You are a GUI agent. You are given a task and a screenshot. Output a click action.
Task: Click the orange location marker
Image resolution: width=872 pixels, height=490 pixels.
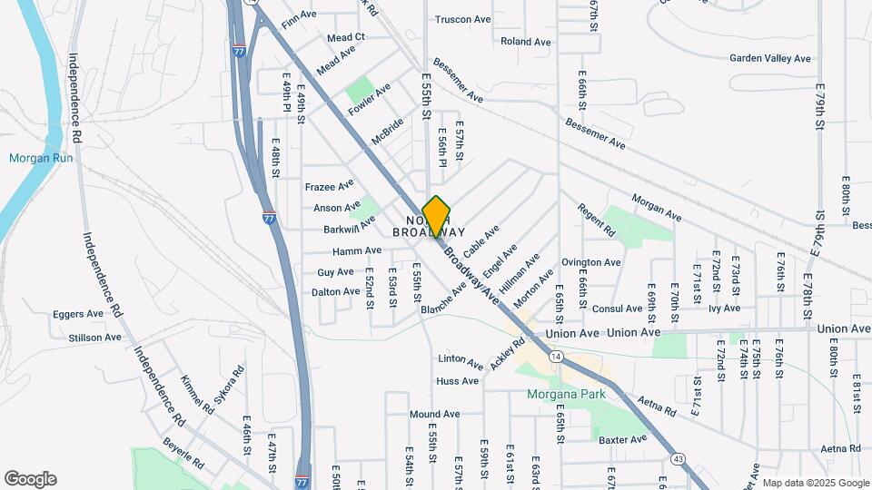click(x=437, y=216)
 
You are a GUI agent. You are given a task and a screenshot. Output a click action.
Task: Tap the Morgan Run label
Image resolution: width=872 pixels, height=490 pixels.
click(x=35, y=158)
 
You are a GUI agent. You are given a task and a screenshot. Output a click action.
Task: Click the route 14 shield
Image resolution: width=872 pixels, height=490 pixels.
click(x=555, y=357)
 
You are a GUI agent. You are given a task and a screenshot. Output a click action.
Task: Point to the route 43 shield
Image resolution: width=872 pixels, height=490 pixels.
click(x=679, y=458)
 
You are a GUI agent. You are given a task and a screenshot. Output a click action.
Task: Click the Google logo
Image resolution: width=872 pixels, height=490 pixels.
click(x=30, y=479)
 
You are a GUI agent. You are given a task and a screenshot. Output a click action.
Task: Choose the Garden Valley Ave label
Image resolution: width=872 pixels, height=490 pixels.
click(x=769, y=58)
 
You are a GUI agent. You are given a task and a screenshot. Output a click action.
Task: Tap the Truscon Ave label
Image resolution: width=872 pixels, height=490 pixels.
click(x=462, y=19)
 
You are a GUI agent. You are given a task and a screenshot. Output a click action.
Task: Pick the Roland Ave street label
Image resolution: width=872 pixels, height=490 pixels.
click(x=525, y=42)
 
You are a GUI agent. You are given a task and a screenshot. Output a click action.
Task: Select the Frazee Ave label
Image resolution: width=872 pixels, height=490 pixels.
click(x=329, y=185)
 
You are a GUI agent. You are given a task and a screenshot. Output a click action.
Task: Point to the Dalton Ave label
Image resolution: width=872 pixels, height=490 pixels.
click(x=335, y=292)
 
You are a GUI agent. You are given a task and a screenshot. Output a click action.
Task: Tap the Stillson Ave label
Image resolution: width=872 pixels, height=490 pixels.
click(x=94, y=338)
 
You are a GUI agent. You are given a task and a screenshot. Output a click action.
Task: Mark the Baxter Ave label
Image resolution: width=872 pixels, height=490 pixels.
click(x=622, y=439)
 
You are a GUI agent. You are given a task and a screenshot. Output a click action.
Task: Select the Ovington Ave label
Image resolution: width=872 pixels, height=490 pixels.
click(x=590, y=262)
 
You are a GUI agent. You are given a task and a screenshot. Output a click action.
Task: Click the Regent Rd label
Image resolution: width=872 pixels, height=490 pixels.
click(x=596, y=220)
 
